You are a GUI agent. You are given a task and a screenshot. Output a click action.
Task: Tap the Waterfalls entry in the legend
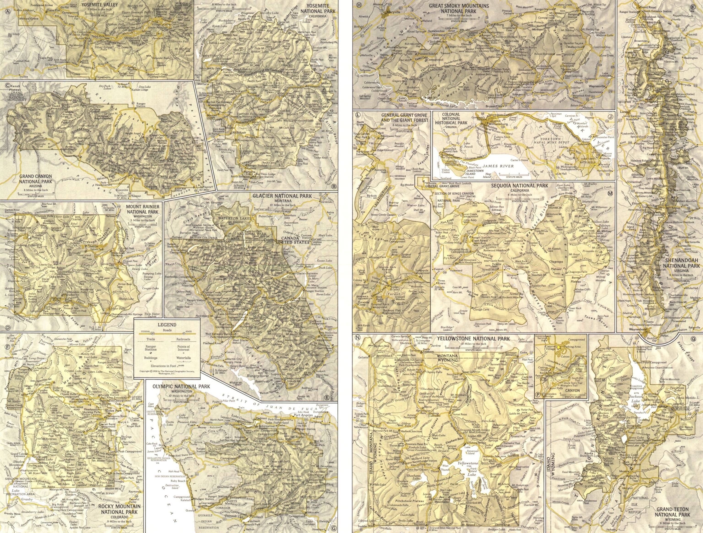[183, 358]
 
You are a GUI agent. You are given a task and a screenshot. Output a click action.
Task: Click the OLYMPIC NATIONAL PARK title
[181, 386]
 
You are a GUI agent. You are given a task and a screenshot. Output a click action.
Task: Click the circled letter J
[610, 116]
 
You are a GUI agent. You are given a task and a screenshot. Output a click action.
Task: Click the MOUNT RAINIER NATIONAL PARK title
[143, 209]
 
